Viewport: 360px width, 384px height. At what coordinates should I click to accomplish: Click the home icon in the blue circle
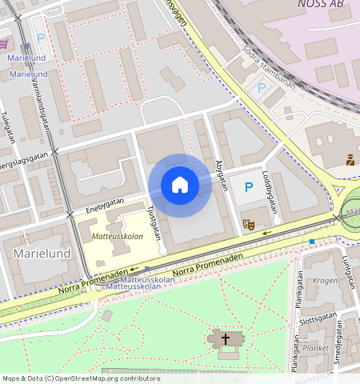point(180,186)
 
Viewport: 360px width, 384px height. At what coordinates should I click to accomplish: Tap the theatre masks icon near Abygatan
point(249,226)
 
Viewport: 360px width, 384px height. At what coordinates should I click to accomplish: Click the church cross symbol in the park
point(226,339)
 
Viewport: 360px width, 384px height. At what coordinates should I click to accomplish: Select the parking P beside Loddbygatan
point(246,186)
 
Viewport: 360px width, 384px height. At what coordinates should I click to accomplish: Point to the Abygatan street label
point(220,171)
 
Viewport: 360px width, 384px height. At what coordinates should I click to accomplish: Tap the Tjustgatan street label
point(155,219)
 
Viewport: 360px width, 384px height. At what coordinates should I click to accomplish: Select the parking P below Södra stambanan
point(262,87)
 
